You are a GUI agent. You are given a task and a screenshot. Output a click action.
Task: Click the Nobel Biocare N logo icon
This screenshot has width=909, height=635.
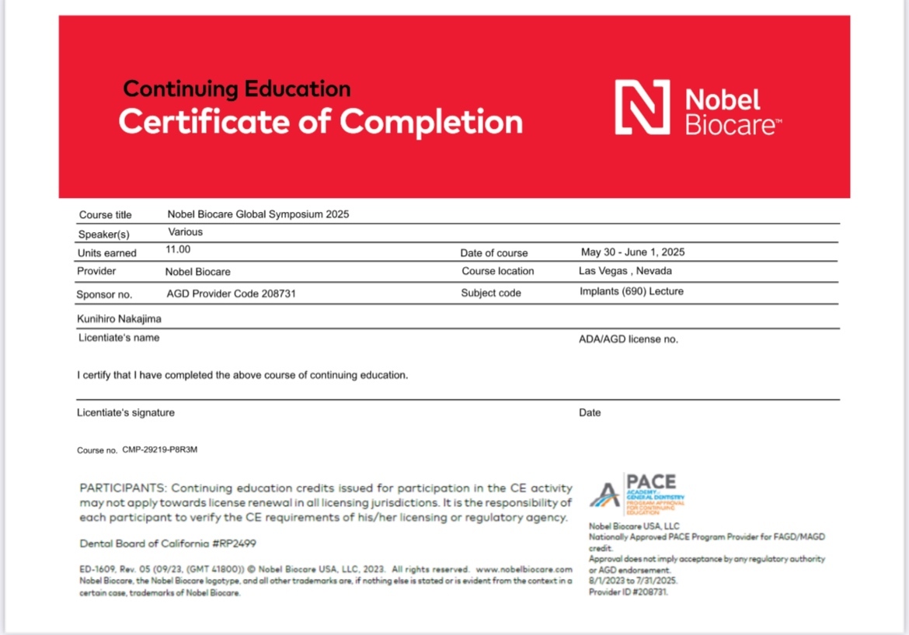tap(642, 107)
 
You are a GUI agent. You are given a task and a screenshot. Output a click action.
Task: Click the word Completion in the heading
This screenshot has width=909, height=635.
tap(431, 122)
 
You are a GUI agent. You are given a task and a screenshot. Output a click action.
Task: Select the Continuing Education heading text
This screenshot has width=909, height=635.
tap(237, 89)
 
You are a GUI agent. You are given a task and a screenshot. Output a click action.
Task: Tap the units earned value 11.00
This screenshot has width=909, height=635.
tap(178, 250)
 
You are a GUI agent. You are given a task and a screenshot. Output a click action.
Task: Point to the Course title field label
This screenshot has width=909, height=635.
tap(106, 215)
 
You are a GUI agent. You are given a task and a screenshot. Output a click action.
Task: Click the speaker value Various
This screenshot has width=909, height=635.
tap(185, 232)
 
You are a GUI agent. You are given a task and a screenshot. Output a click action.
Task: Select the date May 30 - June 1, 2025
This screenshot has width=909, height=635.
tap(632, 252)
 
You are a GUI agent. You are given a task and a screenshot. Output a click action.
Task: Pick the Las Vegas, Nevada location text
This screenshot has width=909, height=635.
tap(625, 271)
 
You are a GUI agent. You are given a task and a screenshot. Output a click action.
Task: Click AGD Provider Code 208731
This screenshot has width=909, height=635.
tap(231, 294)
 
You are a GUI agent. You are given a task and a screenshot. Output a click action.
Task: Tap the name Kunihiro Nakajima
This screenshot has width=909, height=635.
tap(119, 318)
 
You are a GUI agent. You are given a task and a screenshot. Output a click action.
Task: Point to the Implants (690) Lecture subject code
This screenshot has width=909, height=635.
tap(631, 292)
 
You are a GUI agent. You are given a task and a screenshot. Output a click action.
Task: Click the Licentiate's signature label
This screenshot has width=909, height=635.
tap(126, 413)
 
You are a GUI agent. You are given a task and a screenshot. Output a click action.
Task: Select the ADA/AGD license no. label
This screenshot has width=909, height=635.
tap(629, 339)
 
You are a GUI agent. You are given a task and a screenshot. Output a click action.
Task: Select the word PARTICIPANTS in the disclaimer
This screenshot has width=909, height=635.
tap(123, 488)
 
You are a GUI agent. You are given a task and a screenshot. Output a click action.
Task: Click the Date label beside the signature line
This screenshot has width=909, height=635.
tap(590, 413)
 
